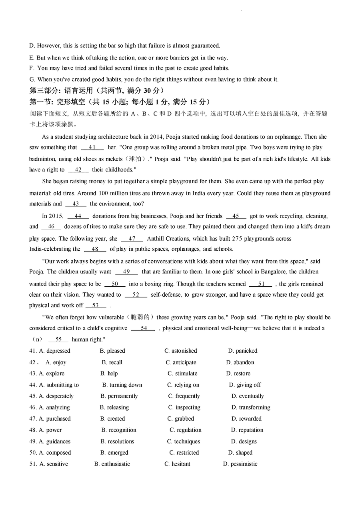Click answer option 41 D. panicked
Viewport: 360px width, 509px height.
[243, 351]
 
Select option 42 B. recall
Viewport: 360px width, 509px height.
[112, 363]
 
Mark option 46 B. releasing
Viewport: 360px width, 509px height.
[114, 407]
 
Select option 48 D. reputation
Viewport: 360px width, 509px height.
[247, 430]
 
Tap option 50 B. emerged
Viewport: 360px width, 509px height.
[114, 453]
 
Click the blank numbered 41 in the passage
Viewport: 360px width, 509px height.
[92, 148]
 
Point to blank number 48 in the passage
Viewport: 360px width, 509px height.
[95, 249]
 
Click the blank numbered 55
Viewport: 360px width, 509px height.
[58, 339]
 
